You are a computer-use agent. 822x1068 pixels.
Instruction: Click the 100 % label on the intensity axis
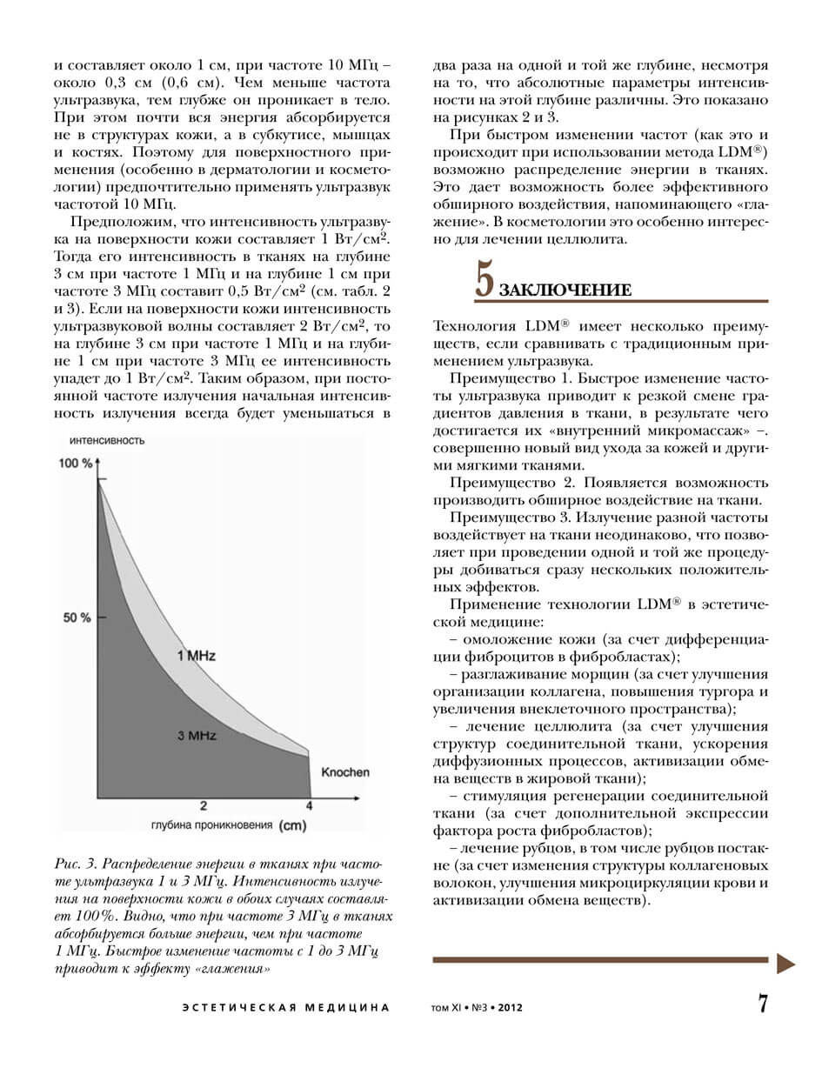[77, 464]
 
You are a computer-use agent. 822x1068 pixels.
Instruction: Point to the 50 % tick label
[77, 617]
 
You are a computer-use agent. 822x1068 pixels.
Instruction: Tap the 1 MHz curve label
[196, 655]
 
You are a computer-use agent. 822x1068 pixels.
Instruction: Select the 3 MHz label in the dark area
[196, 736]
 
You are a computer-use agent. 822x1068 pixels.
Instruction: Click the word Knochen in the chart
[345, 771]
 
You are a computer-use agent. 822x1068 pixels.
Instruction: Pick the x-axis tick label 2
[204, 805]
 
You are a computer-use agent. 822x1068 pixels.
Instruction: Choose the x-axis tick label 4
[310, 805]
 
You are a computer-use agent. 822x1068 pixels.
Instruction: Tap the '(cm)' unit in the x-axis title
[293, 826]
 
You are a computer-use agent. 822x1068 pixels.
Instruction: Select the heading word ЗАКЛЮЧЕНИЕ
[565, 290]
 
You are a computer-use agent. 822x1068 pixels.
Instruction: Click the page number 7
[763, 1005]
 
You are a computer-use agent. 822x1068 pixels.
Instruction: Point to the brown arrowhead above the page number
[785, 962]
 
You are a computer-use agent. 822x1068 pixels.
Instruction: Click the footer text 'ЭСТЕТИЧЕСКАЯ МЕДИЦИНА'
[285, 1008]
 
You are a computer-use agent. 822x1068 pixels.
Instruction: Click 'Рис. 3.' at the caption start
[77, 864]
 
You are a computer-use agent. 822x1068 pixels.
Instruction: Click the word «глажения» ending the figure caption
[234, 968]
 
